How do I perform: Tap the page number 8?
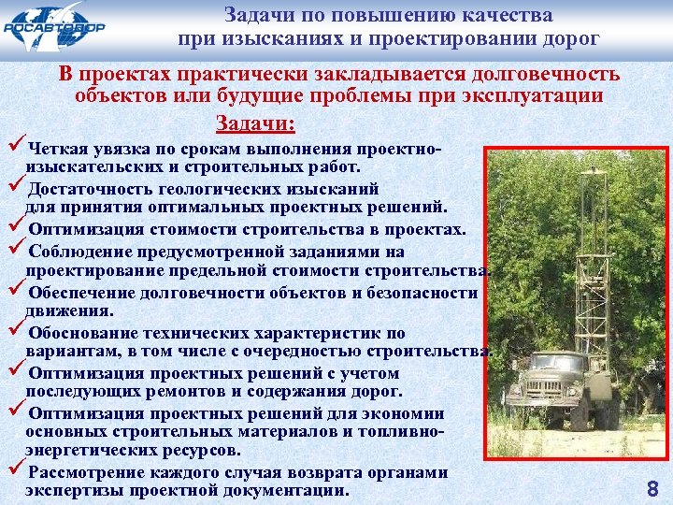(x=652, y=487)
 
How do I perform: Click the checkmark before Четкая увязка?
(x=14, y=147)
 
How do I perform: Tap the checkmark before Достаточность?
(x=14, y=187)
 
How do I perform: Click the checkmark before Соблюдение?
(x=14, y=250)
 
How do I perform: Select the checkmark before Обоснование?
(x=14, y=330)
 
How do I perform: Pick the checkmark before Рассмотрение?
(x=14, y=471)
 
